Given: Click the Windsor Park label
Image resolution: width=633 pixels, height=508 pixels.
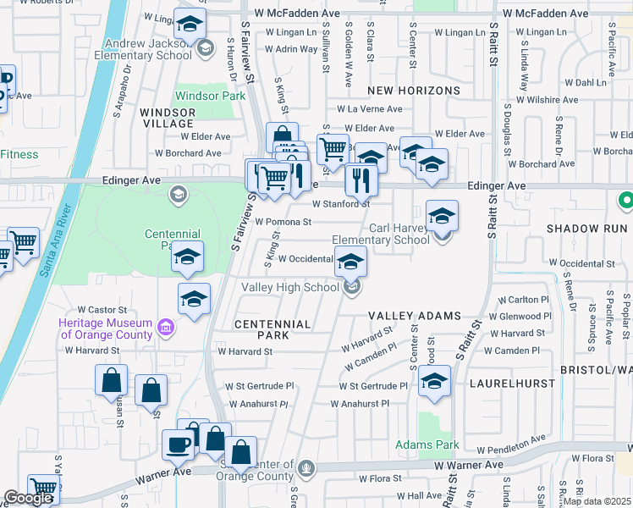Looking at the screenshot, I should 209,97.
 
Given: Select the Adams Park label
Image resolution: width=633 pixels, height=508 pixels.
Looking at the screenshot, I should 427,444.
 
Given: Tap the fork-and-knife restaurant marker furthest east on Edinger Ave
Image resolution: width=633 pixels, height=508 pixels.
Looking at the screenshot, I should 360,179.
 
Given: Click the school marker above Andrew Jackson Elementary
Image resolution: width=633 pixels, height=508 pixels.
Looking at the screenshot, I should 190,25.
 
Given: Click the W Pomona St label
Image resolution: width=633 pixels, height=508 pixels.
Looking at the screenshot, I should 283,223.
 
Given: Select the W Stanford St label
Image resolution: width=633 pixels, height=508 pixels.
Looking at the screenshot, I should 341,204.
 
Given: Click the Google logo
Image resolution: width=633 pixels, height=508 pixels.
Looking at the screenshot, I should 27,499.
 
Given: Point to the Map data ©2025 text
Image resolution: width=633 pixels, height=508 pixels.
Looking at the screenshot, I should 597,501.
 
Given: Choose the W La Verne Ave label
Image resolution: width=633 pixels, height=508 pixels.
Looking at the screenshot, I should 370,109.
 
